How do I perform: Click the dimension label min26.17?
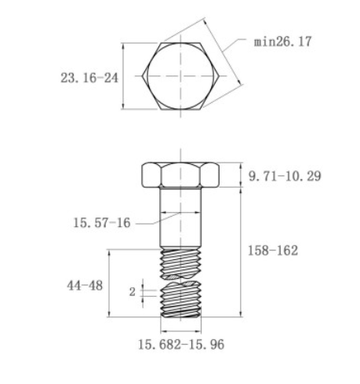pos(282,41)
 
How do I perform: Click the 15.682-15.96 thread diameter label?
pos(184,344)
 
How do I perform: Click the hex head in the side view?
pos(181,177)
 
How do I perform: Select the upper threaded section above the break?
pos(181,263)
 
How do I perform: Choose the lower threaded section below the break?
pos(181,301)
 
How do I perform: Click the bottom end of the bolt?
pos(181,316)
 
